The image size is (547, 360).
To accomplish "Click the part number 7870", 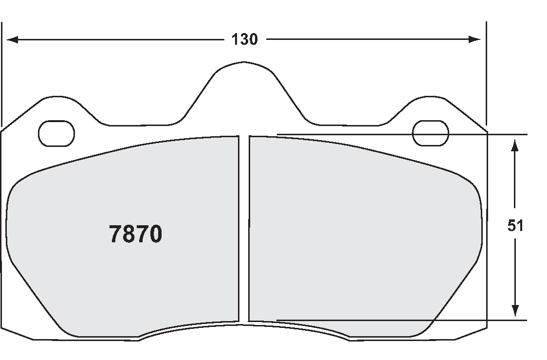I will [x=135, y=234].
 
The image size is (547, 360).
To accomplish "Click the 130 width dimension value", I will [x=244, y=39].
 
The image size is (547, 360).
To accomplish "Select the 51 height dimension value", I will [x=515, y=226].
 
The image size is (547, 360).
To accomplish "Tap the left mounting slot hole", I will [x=56, y=133].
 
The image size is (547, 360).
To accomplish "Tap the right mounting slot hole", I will [x=430, y=133].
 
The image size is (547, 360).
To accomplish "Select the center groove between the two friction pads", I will [x=244, y=229].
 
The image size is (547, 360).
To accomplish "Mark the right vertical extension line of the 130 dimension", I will [x=486, y=73].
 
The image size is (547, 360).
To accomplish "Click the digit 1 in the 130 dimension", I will [x=235, y=39].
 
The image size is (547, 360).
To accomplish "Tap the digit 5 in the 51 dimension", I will [x=511, y=226].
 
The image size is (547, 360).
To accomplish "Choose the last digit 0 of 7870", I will [x=155, y=234].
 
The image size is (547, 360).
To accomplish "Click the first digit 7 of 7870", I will [x=115, y=234].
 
